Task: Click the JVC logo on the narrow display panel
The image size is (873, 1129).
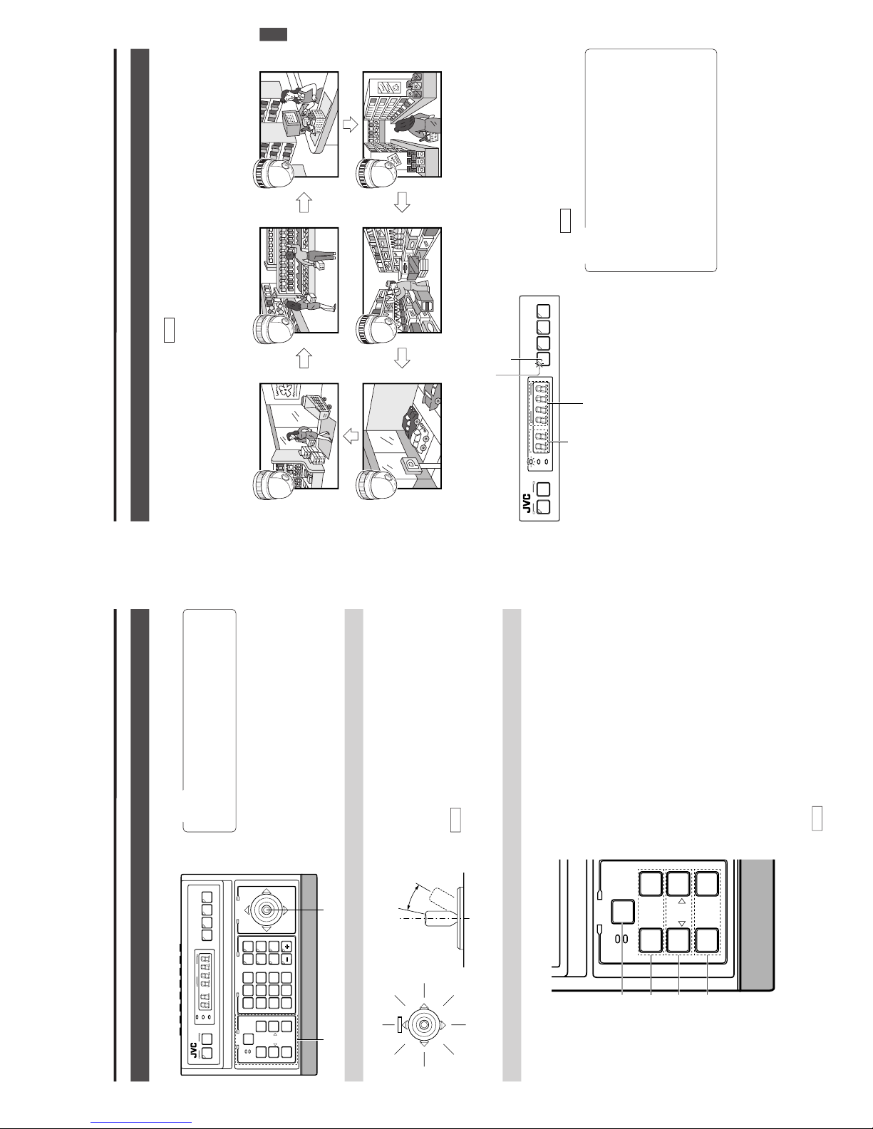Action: [x=527, y=504]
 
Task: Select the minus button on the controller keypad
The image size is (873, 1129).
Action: [x=286, y=959]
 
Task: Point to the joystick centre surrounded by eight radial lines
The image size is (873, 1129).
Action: [x=424, y=1024]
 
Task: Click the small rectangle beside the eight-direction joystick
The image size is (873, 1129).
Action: [x=398, y=1025]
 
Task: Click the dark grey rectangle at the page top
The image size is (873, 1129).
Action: [x=274, y=35]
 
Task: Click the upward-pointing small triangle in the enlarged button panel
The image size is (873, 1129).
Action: [x=682, y=901]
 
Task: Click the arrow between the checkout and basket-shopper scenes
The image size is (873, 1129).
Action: [x=351, y=124]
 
